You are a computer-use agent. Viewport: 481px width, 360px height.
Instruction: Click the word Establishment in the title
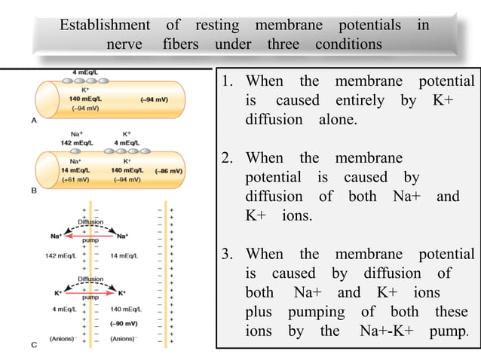pyautogui.click(x=105, y=26)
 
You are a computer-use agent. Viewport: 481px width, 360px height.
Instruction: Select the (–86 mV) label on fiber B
pyautogui.click(x=169, y=171)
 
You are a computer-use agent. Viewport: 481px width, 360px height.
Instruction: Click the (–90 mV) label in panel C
pyautogui.click(x=121, y=322)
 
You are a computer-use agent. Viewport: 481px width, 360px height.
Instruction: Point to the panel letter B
pyautogui.click(x=32, y=191)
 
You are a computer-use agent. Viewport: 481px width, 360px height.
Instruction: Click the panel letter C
pyautogui.click(x=32, y=345)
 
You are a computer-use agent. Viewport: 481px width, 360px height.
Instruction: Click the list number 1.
pyautogui.click(x=225, y=81)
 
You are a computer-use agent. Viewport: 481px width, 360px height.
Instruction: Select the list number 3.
pyautogui.click(x=225, y=254)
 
